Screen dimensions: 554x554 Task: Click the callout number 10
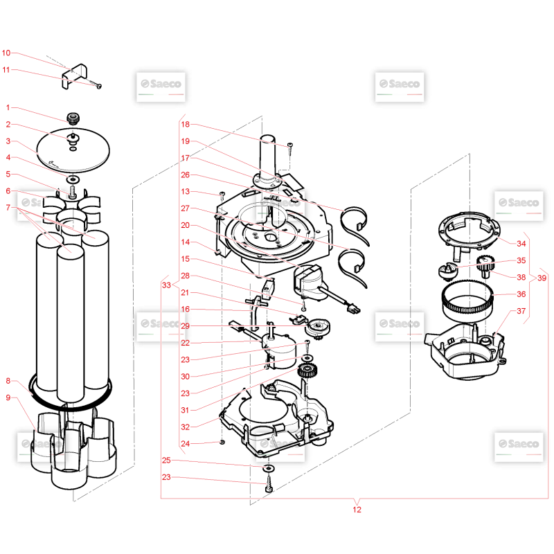6,53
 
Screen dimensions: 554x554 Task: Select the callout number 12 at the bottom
357,510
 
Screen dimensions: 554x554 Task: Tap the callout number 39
542,278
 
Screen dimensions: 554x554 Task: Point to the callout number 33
166,285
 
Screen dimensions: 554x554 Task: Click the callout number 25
166,460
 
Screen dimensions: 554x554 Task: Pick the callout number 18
185,124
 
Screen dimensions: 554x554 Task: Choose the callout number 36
521,294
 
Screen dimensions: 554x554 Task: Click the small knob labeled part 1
73,118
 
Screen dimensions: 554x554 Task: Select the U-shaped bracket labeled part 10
74,75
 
